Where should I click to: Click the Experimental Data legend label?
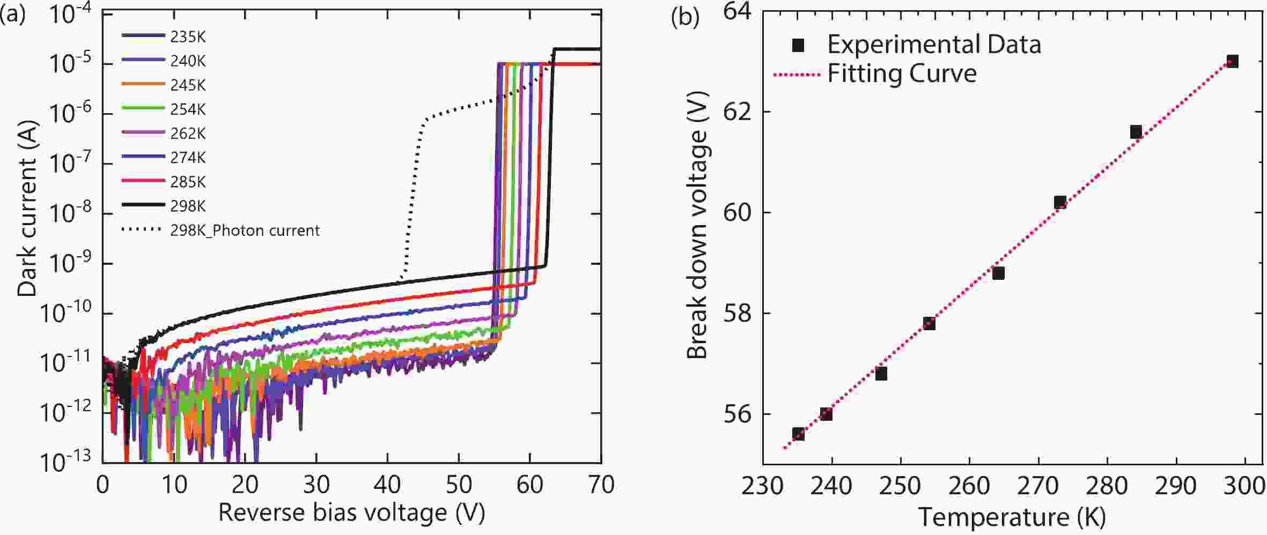[x=933, y=44]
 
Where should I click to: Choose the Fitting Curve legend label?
[x=901, y=73]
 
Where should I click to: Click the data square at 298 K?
[x=1233, y=61]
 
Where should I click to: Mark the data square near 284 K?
[x=1136, y=132]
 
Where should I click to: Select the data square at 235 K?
[x=798, y=434]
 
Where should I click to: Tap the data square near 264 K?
[x=998, y=273]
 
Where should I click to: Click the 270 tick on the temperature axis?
[x=1038, y=486]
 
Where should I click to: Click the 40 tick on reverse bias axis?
[x=387, y=485]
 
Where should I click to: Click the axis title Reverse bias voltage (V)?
[x=352, y=512]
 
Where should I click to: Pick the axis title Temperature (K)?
[x=1012, y=518]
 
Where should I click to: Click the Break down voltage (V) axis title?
[x=697, y=225]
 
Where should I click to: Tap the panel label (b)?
[x=685, y=18]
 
